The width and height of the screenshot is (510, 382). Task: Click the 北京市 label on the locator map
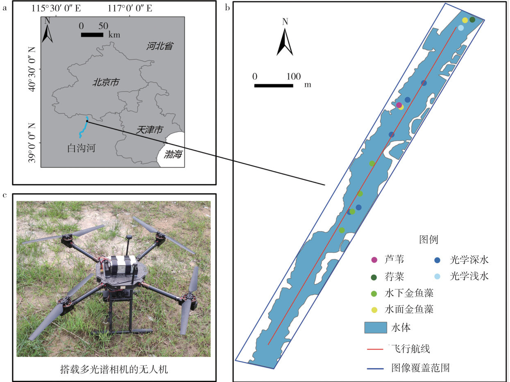[106, 83]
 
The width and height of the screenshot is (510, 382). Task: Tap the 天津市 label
[150, 130]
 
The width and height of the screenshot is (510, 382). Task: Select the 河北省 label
[159, 46]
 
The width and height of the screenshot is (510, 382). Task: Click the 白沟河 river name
[81, 148]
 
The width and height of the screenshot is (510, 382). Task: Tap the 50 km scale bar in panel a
[92, 35]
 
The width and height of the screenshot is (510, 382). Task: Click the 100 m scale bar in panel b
[273, 86]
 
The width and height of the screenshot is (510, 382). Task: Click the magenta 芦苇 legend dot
[374, 260]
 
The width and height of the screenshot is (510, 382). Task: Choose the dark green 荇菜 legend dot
[374, 277]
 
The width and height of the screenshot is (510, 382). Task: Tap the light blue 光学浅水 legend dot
[437, 277]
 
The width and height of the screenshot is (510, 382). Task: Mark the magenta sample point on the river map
[399, 105]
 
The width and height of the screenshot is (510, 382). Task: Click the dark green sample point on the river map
[472, 20]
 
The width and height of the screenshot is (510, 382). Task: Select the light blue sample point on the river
[461, 28]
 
